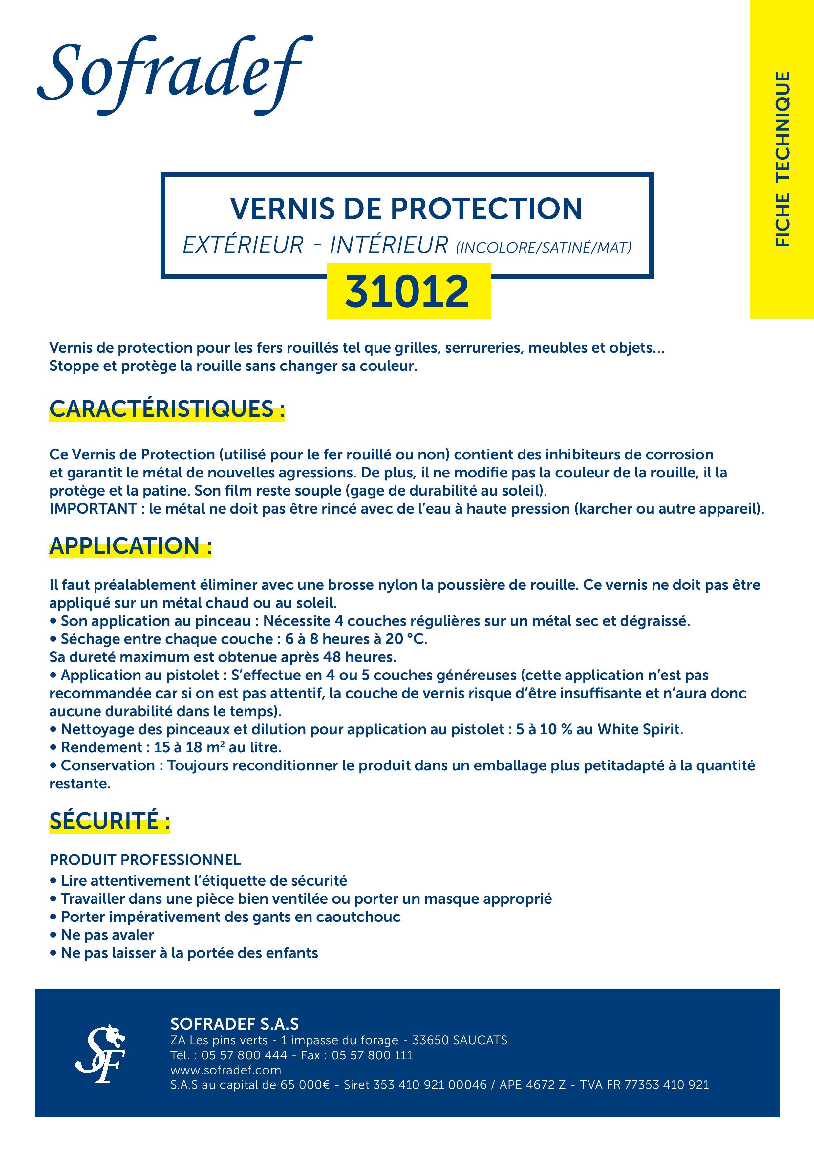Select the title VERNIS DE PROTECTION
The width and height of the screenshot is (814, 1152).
[406, 209]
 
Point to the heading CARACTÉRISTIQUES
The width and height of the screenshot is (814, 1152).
[166, 409]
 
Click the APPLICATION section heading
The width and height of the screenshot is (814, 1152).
[130, 546]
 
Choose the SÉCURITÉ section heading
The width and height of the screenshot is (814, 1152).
[109, 821]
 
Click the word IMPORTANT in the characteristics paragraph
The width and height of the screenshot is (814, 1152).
[93, 509]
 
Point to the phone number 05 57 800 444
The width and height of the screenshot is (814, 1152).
[244, 1055]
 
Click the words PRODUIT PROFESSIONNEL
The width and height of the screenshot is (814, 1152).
[145, 860]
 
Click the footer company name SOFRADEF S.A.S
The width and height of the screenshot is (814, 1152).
[234, 1024]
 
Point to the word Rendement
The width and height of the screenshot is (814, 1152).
[102, 748]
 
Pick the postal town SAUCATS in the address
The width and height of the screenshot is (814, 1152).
[480, 1040]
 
